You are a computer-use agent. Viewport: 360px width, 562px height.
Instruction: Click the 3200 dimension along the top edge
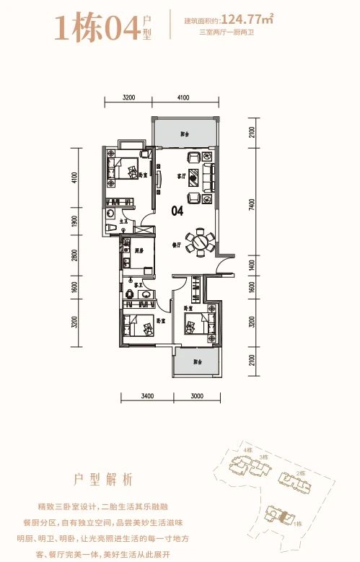(x=129, y=97)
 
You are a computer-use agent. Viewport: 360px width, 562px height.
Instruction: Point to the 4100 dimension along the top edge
(x=181, y=97)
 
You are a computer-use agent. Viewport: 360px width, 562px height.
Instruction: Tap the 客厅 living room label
(x=183, y=175)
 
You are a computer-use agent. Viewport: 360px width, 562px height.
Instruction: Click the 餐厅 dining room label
(x=176, y=245)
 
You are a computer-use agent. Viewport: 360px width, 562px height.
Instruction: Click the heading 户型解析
(x=104, y=479)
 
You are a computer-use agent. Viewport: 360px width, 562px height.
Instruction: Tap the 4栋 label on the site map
(x=247, y=451)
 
